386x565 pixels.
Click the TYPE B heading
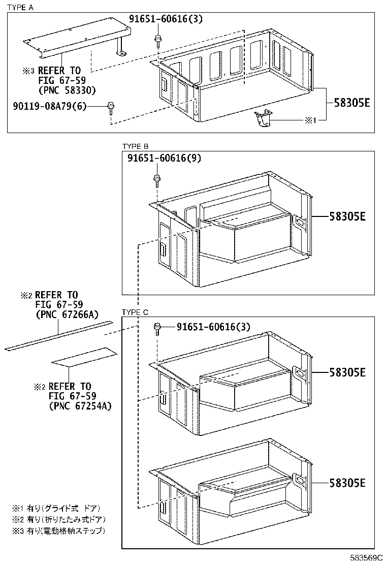click(135, 146)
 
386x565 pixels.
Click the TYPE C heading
click(135, 312)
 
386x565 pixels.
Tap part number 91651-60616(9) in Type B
click(164, 158)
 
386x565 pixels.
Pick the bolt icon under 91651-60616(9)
click(156, 179)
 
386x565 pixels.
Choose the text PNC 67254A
click(80, 406)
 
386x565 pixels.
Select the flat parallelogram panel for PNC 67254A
click(84, 357)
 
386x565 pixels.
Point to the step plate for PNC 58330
click(76, 39)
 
